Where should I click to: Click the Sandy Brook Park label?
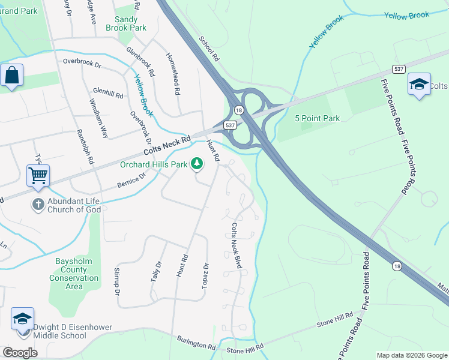[x=126, y=23]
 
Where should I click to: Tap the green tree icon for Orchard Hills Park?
[x=197, y=163]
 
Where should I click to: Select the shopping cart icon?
[x=38, y=176]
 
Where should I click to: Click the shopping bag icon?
[x=11, y=76]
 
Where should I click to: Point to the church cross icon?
[x=38, y=205]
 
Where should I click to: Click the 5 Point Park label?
[x=318, y=118]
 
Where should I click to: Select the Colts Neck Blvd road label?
[x=237, y=246]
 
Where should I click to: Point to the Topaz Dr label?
[x=205, y=274]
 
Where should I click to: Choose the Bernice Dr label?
[x=131, y=179]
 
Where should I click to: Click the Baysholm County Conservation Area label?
[x=74, y=274]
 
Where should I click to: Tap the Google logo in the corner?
[x=20, y=353]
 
